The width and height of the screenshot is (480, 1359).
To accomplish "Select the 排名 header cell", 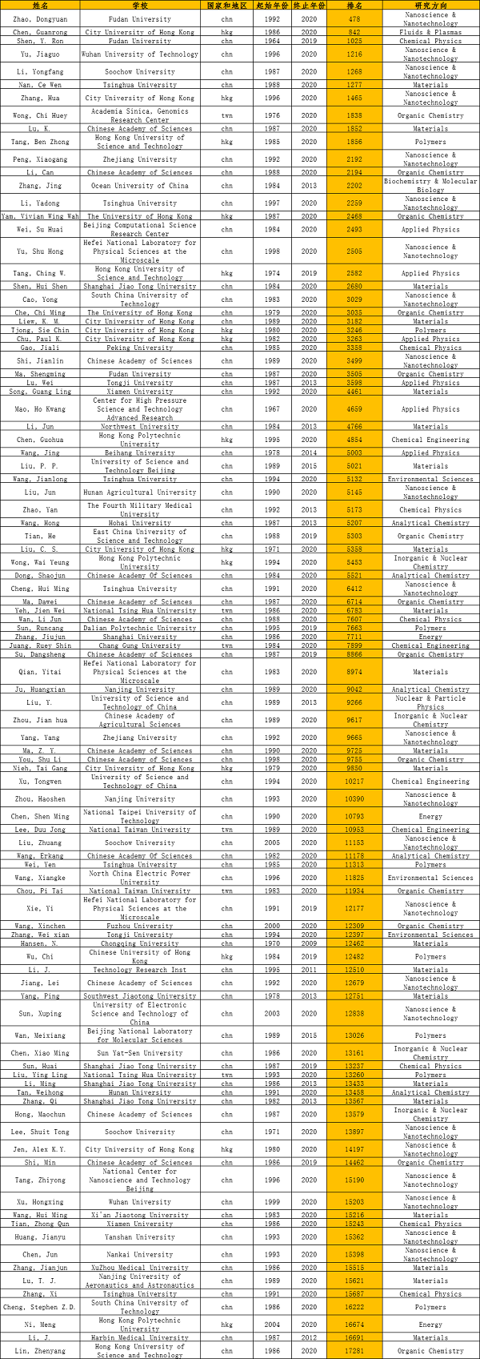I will tap(354, 5).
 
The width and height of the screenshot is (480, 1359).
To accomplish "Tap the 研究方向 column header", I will tap(430, 5).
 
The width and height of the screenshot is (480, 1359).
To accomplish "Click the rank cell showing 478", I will tap(354, 18).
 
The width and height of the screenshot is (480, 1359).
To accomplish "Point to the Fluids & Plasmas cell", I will tap(430, 32).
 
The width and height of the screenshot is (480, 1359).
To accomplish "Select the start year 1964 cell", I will tap(273, 41).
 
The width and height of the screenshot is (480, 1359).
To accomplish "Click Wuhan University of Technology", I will tap(140, 54).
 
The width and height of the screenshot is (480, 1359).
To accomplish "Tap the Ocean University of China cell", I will tap(140, 186).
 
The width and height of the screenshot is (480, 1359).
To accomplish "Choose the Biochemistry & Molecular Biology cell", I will tap(430, 186).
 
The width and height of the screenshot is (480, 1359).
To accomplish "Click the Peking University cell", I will tap(140, 348).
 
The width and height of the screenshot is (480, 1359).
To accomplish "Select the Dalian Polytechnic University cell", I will tap(140, 629).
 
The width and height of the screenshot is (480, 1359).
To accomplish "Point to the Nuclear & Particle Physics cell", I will tap(430, 702).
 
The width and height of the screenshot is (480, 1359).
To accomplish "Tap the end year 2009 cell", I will tap(309, 943).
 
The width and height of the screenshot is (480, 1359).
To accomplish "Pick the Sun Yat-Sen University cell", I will tap(140, 1053).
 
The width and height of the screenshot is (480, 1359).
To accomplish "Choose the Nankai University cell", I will tap(140, 1255).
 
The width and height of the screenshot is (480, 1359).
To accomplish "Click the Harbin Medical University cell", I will tap(140, 1337).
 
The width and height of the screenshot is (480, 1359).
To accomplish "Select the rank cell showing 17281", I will tap(354, 1351).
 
